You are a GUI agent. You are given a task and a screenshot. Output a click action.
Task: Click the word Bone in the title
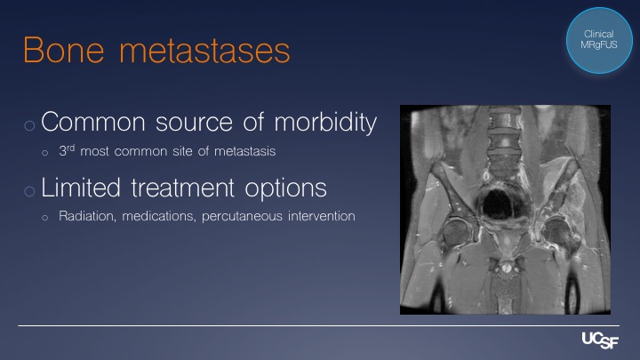click(x=64, y=50)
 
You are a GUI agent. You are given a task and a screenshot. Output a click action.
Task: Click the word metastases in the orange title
click(x=204, y=51)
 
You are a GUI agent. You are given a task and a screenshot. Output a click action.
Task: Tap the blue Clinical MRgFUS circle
click(x=599, y=40)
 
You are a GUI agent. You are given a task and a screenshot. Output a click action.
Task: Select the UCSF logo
click(x=600, y=340)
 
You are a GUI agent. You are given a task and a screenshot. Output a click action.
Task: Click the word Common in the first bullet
click(x=93, y=122)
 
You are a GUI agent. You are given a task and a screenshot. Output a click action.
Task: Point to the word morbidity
click(x=325, y=123)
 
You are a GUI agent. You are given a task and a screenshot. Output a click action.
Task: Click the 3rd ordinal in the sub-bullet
click(x=67, y=150)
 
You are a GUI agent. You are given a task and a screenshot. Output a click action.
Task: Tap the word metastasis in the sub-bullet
click(x=245, y=151)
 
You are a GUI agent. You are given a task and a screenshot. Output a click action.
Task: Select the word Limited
click(x=81, y=188)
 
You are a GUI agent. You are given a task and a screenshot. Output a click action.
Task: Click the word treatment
click(x=183, y=188)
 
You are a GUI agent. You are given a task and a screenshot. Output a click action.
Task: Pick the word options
click(x=285, y=189)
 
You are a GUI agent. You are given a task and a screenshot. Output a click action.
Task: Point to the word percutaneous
click(x=242, y=216)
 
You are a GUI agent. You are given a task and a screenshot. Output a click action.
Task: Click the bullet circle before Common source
click(x=29, y=125)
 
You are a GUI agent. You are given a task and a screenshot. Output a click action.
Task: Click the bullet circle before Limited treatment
click(x=29, y=191)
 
